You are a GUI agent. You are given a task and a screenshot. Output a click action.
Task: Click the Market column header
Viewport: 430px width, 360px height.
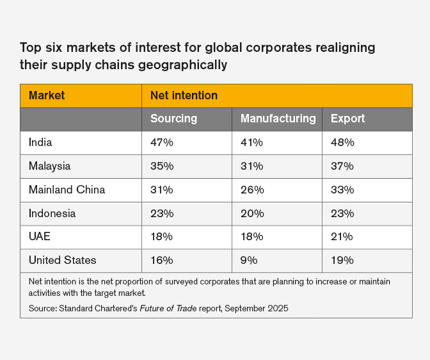47,95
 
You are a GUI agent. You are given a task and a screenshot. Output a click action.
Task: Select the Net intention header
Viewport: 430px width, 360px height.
184,95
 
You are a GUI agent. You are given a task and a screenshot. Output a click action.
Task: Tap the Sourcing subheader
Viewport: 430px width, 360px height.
173,119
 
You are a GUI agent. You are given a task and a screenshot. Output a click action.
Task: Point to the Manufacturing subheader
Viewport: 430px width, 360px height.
278,119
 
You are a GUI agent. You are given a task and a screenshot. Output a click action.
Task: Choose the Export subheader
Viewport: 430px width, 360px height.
347,119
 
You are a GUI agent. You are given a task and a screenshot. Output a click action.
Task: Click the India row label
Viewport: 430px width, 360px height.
40,142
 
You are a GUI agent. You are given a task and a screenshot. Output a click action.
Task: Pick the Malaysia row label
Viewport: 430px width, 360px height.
49,166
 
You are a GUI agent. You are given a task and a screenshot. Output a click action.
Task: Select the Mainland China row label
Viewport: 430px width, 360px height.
67,190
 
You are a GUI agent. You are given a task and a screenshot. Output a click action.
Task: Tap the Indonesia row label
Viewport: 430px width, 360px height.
52,213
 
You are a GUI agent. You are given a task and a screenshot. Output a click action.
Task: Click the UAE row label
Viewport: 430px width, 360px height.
39,236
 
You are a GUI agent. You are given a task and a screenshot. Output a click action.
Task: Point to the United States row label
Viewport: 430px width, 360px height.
62,260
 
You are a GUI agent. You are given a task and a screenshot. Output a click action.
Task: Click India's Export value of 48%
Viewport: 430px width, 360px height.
342,142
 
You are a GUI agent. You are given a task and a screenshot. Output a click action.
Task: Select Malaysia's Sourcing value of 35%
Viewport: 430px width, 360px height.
162,166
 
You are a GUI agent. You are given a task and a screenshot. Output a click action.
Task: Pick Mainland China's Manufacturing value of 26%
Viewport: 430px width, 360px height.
251,190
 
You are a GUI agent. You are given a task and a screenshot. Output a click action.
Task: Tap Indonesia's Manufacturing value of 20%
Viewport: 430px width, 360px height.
251,213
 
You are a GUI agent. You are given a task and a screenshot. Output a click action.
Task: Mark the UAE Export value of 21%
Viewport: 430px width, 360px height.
342,236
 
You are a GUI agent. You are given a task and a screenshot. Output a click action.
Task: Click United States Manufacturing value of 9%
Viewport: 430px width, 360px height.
249,260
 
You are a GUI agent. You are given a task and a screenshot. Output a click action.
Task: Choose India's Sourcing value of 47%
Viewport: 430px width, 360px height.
162,142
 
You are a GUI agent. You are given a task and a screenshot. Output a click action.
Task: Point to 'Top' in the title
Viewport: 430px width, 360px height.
30,48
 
